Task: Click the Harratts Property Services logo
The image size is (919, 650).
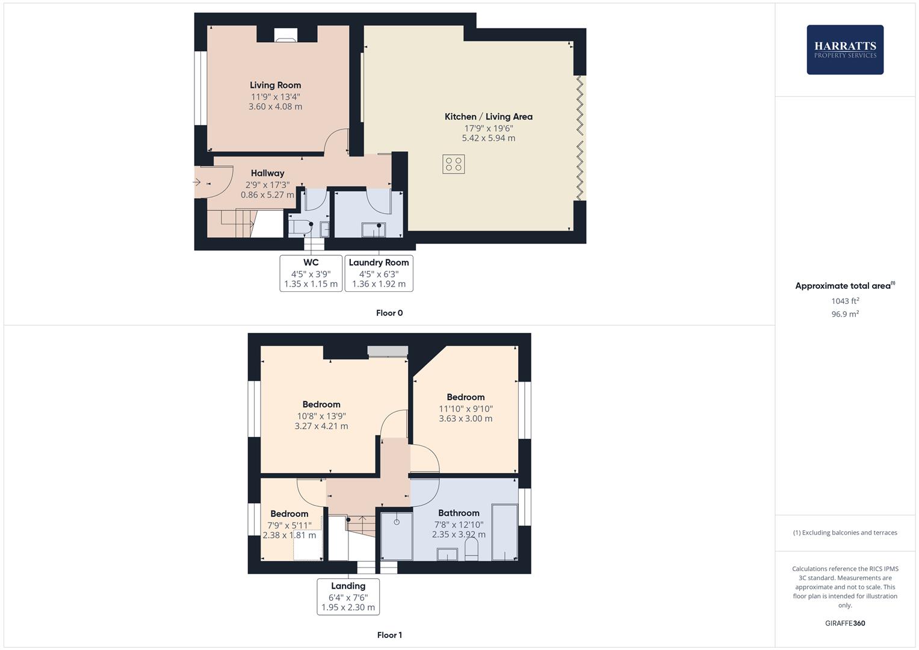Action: tap(845, 50)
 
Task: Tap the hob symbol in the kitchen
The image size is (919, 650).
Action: tap(453, 164)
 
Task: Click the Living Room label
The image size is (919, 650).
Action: tap(275, 85)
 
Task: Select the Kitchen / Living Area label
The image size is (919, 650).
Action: tap(488, 117)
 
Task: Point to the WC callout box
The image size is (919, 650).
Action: tap(311, 273)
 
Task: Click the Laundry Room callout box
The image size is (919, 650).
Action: tap(379, 273)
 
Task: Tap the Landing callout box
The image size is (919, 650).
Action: tap(348, 596)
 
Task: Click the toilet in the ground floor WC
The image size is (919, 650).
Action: tap(300, 227)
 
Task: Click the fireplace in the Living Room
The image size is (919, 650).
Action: tap(286, 36)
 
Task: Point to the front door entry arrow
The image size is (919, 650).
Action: tap(198, 181)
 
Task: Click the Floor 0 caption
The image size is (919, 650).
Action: tap(389, 313)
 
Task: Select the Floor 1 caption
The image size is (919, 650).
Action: tap(389, 635)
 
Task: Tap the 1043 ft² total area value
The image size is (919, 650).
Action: tap(845, 301)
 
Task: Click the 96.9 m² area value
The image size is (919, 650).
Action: tap(845, 314)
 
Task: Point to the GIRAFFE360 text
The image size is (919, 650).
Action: tap(845, 624)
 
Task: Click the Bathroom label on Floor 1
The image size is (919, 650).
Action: tap(459, 513)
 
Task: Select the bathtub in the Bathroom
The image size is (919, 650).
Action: tap(504, 533)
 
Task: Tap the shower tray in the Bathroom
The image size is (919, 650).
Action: tap(397, 536)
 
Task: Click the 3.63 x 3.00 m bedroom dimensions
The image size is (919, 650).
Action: tap(465, 419)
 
